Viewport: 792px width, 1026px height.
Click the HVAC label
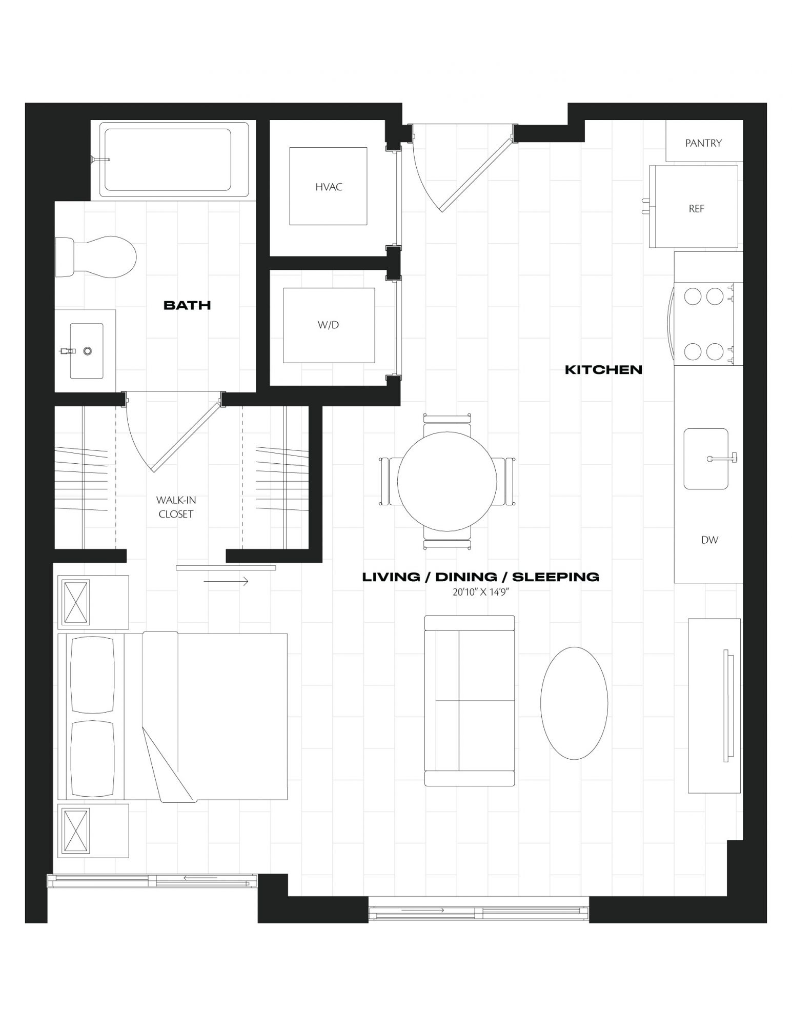click(x=329, y=187)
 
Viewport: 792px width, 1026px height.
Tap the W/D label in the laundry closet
click(x=328, y=325)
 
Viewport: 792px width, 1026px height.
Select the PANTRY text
click(x=703, y=143)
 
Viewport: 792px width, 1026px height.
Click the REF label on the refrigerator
click(x=697, y=209)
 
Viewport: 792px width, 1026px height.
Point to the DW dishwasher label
click(x=709, y=540)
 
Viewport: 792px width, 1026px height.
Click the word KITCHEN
click(x=603, y=369)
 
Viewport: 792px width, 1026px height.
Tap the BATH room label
click(x=187, y=305)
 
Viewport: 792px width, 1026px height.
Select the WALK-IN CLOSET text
click(x=176, y=507)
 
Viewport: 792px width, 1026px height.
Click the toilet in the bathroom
click(x=96, y=256)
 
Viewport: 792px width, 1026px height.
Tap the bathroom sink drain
click(x=88, y=351)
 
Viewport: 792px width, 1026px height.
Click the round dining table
click(x=447, y=481)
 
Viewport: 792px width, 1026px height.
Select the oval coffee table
click(x=574, y=703)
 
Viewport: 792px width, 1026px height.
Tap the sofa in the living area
click(x=470, y=701)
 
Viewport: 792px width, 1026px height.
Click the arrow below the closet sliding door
click(x=226, y=581)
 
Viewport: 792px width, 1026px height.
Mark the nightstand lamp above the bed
click(x=75, y=602)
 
